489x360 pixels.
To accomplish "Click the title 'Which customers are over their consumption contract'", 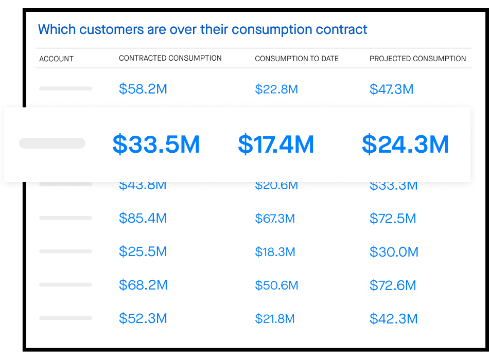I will [202, 29].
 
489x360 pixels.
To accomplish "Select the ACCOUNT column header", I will [57, 59].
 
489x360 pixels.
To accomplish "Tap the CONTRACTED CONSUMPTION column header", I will [170, 58].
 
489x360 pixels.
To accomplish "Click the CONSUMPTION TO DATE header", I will [296, 59].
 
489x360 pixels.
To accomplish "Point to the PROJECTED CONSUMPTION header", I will [417, 59].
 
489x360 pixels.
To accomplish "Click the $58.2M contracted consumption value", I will [143, 89].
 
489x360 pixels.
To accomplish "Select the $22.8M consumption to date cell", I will [276, 89].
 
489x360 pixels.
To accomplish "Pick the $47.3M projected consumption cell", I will [391, 89].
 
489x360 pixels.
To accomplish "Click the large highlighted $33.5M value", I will [156, 145].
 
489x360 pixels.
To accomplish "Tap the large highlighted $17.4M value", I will [276, 145].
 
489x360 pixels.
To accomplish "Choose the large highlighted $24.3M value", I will [405, 145].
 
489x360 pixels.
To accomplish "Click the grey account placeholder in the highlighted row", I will [52, 143].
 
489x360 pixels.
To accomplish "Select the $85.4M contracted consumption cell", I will [143, 219].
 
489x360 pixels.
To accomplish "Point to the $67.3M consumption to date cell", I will [275, 219].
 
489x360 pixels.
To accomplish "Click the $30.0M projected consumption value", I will [394, 252].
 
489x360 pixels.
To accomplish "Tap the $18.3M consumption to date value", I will [275, 252].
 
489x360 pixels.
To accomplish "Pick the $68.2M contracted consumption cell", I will [143, 285].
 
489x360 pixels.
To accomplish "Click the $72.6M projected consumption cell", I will [393, 285].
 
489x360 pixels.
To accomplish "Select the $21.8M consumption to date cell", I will [275, 319].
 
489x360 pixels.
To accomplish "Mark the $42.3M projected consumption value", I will [393, 319].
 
